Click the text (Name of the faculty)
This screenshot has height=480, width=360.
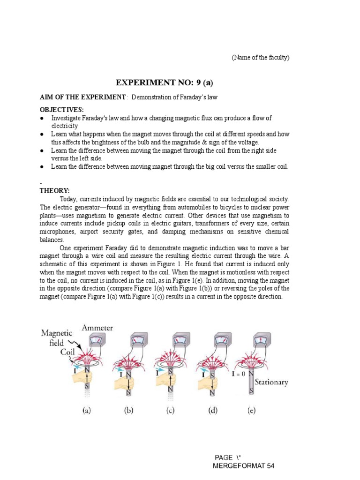[261, 58]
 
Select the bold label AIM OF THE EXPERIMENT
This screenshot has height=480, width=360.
[82, 97]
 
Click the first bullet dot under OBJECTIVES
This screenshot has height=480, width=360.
[42, 118]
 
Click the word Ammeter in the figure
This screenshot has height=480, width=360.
[97, 328]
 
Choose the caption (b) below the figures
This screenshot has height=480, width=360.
[128, 411]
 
